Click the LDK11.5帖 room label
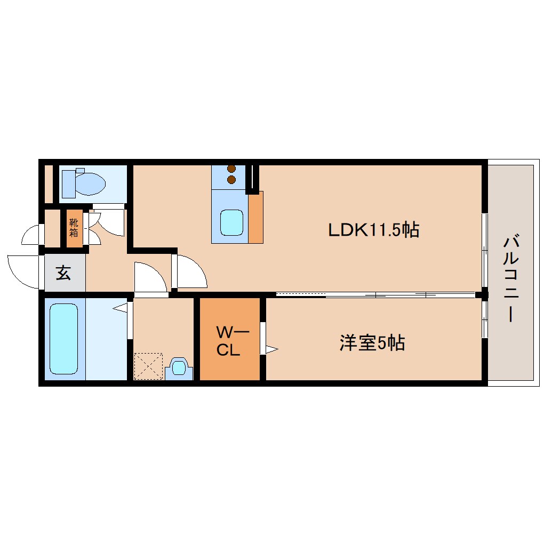373,230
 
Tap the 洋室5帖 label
372,343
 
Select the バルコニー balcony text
511,277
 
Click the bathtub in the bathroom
63,339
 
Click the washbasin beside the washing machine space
179,368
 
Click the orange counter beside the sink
256,218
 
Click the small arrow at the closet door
271,349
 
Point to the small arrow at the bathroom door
120,308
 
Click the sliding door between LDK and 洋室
375,294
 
